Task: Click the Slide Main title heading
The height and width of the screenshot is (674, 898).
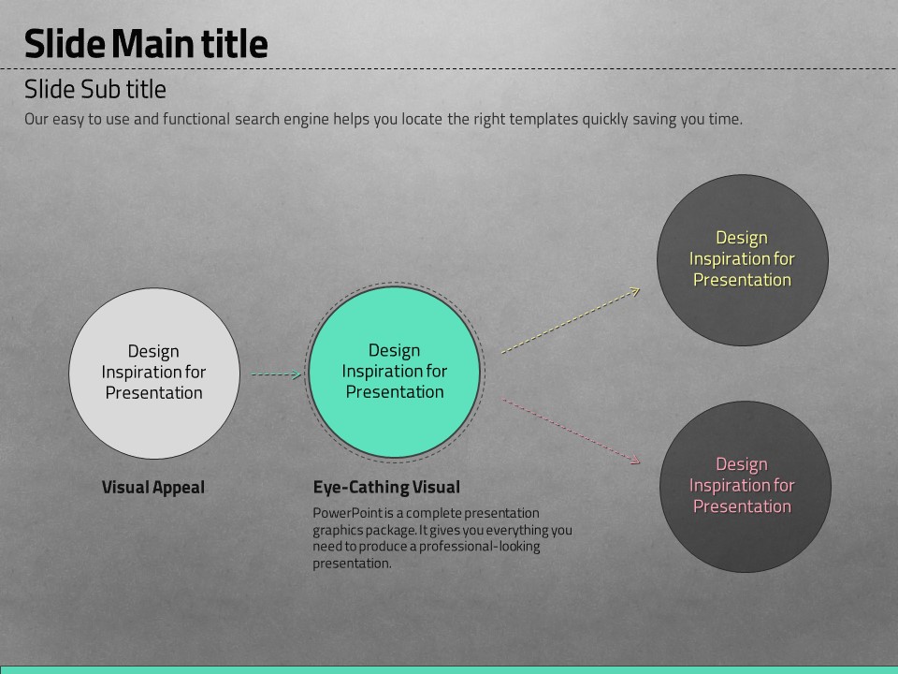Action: pos(146,44)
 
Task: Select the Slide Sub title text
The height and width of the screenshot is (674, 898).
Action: pos(95,90)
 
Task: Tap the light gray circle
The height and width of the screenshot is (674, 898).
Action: pos(154,374)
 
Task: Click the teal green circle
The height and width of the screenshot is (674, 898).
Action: pos(395,372)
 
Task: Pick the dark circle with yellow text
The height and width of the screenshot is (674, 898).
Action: pos(742,260)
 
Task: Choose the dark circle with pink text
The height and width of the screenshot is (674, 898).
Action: pos(746,487)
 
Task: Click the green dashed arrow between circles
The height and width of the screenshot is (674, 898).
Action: pos(276,374)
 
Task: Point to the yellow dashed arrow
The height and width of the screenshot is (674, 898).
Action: pos(571,320)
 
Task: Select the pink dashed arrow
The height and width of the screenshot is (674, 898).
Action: pos(571,431)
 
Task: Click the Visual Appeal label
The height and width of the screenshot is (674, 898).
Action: pos(152,487)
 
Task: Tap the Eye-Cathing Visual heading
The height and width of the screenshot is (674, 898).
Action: pos(386,487)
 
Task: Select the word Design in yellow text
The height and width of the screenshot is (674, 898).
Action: pos(742,238)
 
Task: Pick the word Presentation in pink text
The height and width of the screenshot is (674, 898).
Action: pos(742,506)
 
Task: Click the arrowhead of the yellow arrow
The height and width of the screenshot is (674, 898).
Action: pos(636,291)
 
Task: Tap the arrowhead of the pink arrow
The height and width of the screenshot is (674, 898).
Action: pos(636,461)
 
